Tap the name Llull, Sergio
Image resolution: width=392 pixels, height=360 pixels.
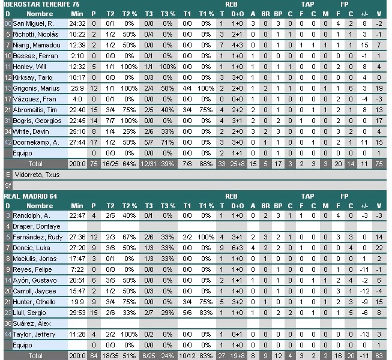point(29,312)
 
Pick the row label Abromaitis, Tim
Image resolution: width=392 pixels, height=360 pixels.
point(35,110)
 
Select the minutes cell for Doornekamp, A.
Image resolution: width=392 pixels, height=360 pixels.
point(77,142)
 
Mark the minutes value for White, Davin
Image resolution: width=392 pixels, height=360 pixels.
point(77,131)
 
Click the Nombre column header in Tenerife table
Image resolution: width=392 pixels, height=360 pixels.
point(40,13)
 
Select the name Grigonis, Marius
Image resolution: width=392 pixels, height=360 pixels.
point(36,88)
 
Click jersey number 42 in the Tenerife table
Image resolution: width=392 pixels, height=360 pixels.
point(7,142)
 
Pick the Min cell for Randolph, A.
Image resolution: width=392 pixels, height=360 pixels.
point(77,215)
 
